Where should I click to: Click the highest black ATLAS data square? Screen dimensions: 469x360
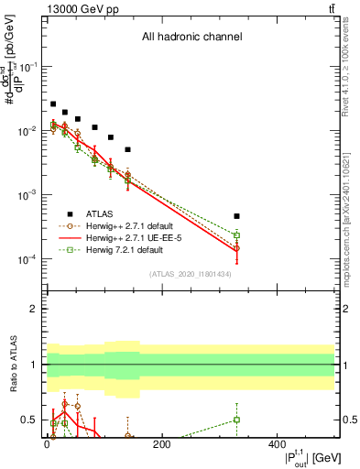pos(53,104)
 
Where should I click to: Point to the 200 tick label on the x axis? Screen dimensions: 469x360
pos(162,444)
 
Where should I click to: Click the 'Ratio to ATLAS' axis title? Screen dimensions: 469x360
pos(11,365)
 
